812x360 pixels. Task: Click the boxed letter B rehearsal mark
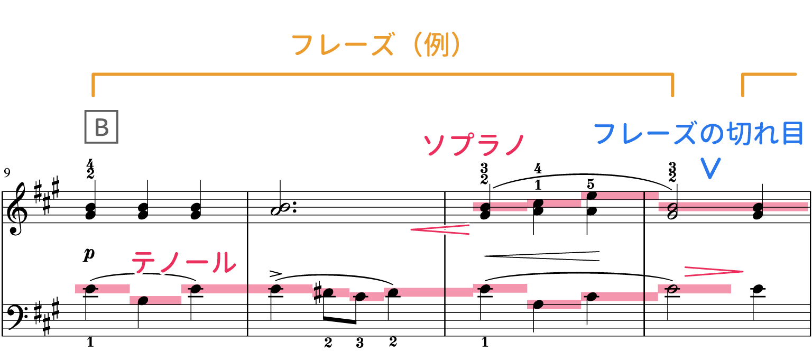click(x=101, y=127)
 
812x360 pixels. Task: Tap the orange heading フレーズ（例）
click(x=376, y=45)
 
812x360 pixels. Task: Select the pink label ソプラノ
click(x=474, y=144)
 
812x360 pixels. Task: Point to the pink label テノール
click(x=183, y=262)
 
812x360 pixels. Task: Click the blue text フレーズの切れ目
click(x=698, y=133)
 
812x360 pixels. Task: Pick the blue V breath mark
click(x=710, y=169)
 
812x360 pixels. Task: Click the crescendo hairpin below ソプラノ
click(x=440, y=229)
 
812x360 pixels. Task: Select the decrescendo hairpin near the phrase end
click(x=713, y=272)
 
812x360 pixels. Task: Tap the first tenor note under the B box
click(x=90, y=289)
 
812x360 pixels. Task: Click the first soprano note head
click(x=485, y=207)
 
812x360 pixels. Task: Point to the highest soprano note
click(x=591, y=196)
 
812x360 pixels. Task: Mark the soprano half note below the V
click(x=672, y=207)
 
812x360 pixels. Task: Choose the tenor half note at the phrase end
click(x=672, y=289)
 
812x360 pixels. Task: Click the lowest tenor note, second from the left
click(x=143, y=300)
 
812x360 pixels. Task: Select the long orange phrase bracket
click(x=383, y=75)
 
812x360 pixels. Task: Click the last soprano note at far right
click(x=758, y=207)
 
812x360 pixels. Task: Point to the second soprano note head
click(x=538, y=203)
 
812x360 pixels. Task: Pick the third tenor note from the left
click(x=196, y=289)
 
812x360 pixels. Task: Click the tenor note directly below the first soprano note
click(x=485, y=289)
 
